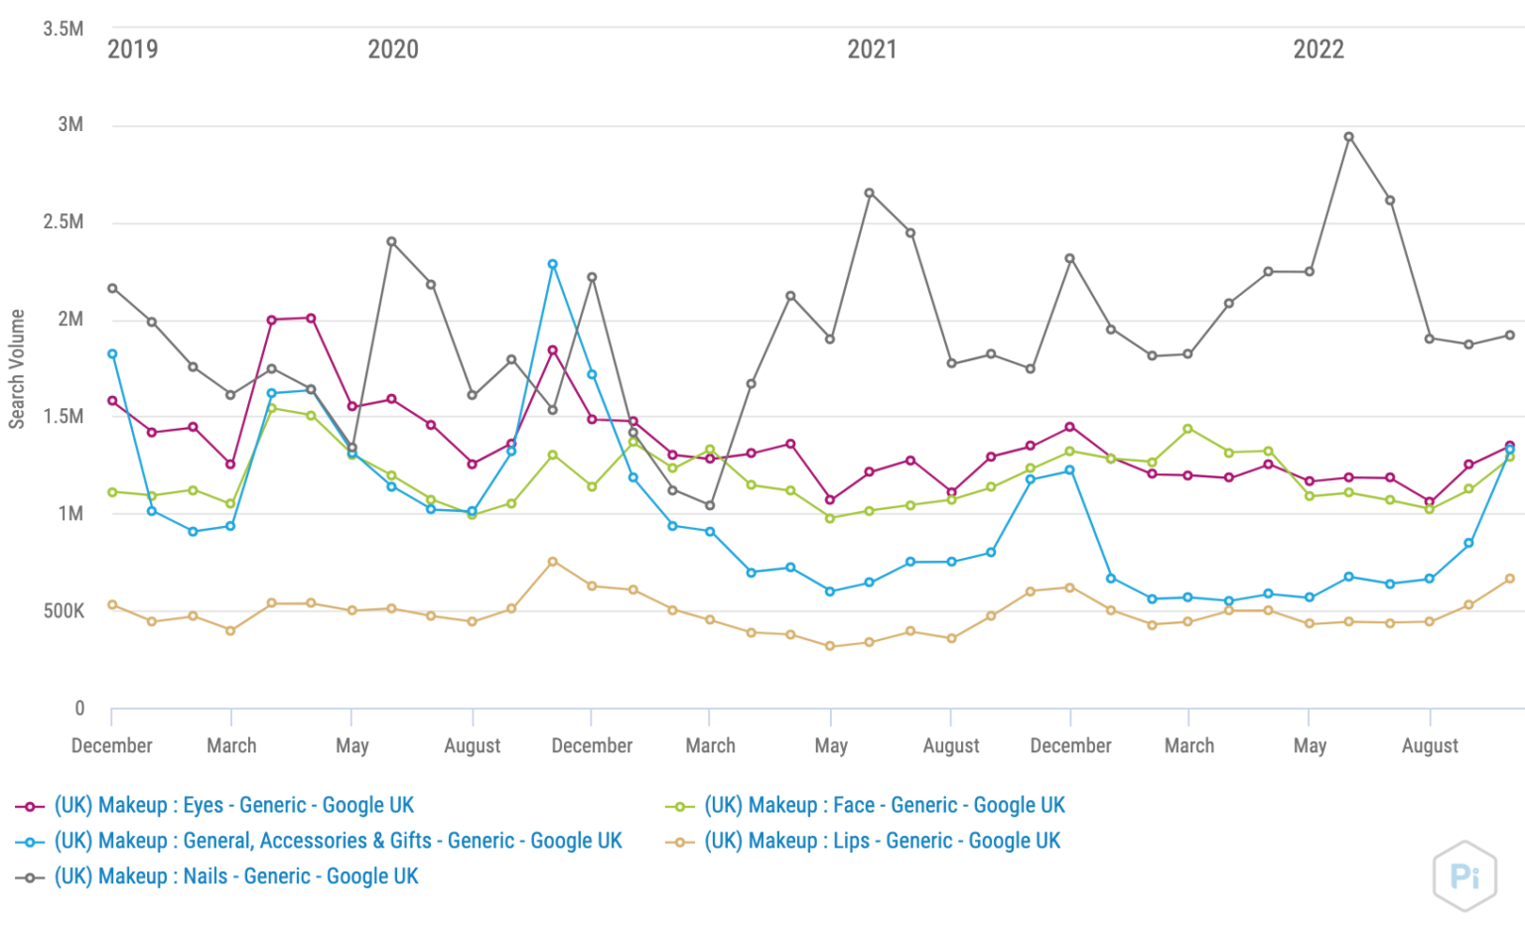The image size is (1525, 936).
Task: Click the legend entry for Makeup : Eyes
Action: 233,805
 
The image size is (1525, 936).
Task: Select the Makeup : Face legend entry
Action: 884,805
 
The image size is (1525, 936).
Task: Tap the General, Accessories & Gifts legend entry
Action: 338,841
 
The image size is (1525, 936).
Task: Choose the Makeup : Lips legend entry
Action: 882,841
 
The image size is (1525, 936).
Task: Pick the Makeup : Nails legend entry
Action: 236,876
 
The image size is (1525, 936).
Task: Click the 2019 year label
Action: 132,50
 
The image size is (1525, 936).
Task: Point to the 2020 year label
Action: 393,50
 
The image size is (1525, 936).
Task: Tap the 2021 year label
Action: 872,50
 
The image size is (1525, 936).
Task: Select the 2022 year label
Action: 1317,50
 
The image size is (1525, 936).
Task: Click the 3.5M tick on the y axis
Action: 64,29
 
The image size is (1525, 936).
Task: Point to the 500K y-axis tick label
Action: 64,611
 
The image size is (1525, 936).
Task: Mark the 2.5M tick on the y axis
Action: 64,221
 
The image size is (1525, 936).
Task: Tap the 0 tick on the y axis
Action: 79,709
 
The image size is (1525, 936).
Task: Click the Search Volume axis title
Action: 17,369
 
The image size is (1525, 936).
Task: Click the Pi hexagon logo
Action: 1464,875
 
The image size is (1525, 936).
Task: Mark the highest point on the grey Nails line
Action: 1348,137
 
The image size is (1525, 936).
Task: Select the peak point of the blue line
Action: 553,265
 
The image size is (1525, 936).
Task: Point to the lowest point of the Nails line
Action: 709,505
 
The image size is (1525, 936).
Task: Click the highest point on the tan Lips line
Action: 553,562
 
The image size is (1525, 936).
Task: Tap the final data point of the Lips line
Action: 1510,579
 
